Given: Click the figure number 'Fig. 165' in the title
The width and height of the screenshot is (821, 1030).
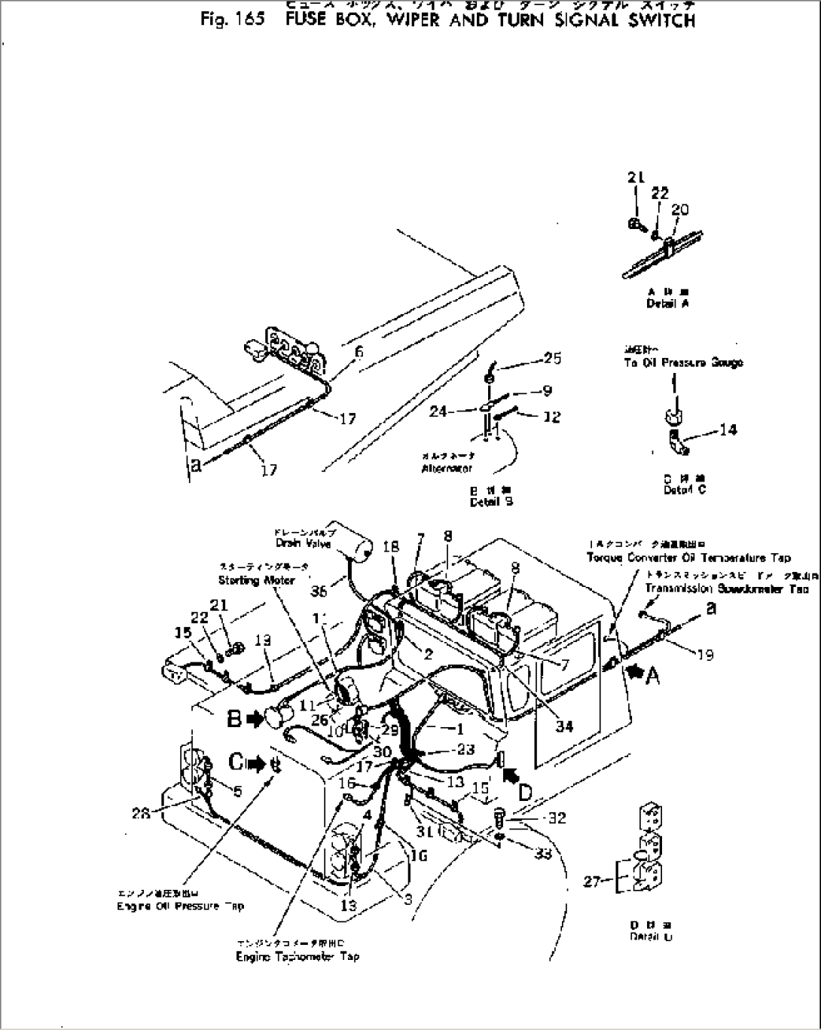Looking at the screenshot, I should pyautogui.click(x=233, y=20).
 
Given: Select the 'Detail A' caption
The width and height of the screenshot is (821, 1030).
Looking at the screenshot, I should pyautogui.click(x=667, y=304).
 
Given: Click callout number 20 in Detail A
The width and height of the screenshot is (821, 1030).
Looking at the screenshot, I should pyautogui.click(x=679, y=209).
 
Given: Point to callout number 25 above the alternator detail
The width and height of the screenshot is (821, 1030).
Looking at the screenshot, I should pyautogui.click(x=552, y=358).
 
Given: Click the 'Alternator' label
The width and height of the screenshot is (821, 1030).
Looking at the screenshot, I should pyautogui.click(x=447, y=468).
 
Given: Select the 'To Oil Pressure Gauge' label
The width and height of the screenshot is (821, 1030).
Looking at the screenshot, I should pyautogui.click(x=683, y=362).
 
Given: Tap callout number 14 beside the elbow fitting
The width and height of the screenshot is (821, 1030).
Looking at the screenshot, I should pyautogui.click(x=728, y=429).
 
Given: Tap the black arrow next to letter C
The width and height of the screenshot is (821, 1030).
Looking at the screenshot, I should pyautogui.click(x=258, y=764).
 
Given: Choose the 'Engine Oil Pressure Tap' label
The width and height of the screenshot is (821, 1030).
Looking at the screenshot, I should pyautogui.click(x=180, y=906).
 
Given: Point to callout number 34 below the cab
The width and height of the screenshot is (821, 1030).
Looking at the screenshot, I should pyautogui.click(x=563, y=726).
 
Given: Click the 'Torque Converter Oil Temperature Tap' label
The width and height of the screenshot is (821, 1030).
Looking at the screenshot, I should pyautogui.click(x=688, y=558).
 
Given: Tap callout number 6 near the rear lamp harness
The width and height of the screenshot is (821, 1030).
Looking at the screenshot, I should pyautogui.click(x=359, y=351).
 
